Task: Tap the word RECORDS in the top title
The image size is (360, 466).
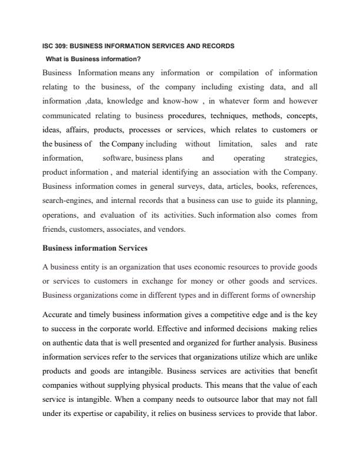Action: (x=218, y=45)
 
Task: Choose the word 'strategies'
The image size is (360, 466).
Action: (x=301, y=158)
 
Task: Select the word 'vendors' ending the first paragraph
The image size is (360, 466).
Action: (x=171, y=229)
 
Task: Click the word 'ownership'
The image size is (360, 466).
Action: (x=299, y=295)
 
